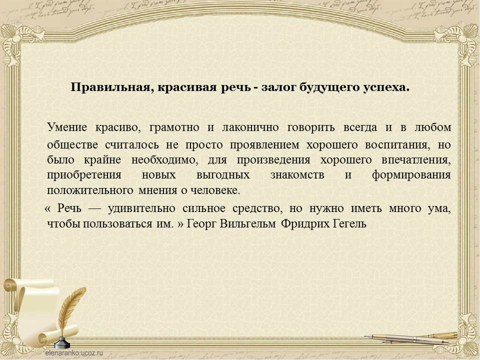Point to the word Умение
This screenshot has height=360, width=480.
(67, 127)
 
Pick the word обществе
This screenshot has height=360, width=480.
(72, 144)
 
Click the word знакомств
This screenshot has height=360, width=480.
(297, 175)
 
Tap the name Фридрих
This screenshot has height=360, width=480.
(305, 224)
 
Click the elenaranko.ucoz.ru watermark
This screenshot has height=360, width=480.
(74, 352)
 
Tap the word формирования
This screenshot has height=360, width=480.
(411, 175)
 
